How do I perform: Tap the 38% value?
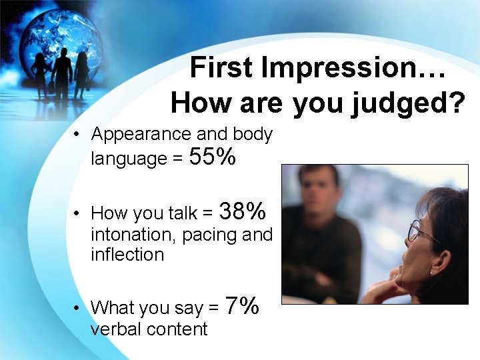click(x=243, y=211)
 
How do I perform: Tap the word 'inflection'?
click(x=127, y=254)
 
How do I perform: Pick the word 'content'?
click(x=180, y=329)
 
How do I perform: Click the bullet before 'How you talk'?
click(x=78, y=214)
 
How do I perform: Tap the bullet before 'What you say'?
click(x=78, y=308)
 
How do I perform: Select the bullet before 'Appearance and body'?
click(x=78, y=135)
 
